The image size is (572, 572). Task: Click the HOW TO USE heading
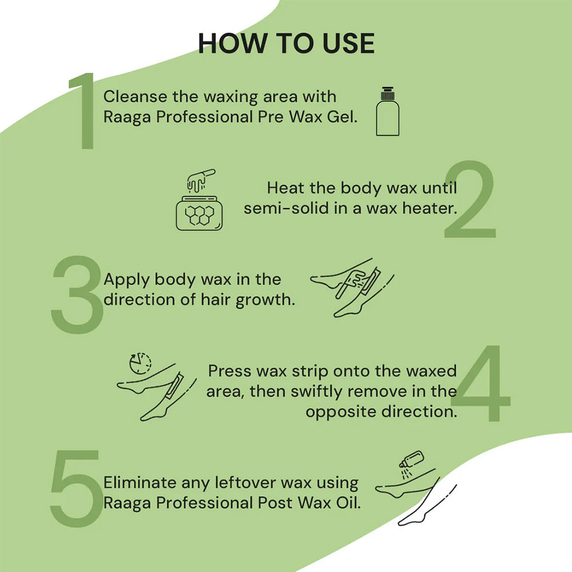286,43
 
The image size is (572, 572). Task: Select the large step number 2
470,200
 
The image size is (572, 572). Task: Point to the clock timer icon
140,363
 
